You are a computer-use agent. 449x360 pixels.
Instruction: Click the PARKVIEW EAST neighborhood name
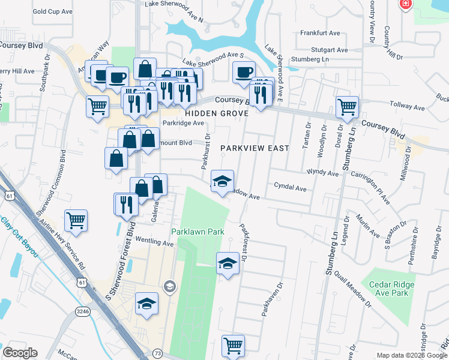pos(255,148)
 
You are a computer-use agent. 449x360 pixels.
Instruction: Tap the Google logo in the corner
pos(20,353)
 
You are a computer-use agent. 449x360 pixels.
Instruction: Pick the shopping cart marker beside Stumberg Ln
pos(348,107)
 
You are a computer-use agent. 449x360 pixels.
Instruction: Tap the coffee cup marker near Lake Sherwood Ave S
pos(244,72)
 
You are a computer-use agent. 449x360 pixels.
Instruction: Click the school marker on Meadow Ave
pos(221,181)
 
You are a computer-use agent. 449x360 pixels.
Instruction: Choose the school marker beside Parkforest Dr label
pos(227,263)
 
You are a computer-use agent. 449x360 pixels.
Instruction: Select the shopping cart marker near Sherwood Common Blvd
pos(76,220)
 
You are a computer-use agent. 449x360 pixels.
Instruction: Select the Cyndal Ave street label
pos(290,188)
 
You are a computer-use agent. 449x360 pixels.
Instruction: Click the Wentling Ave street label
pos(154,243)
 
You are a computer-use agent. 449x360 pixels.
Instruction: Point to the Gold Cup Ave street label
pos(52,11)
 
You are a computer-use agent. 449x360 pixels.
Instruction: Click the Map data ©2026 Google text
pos(411,355)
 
